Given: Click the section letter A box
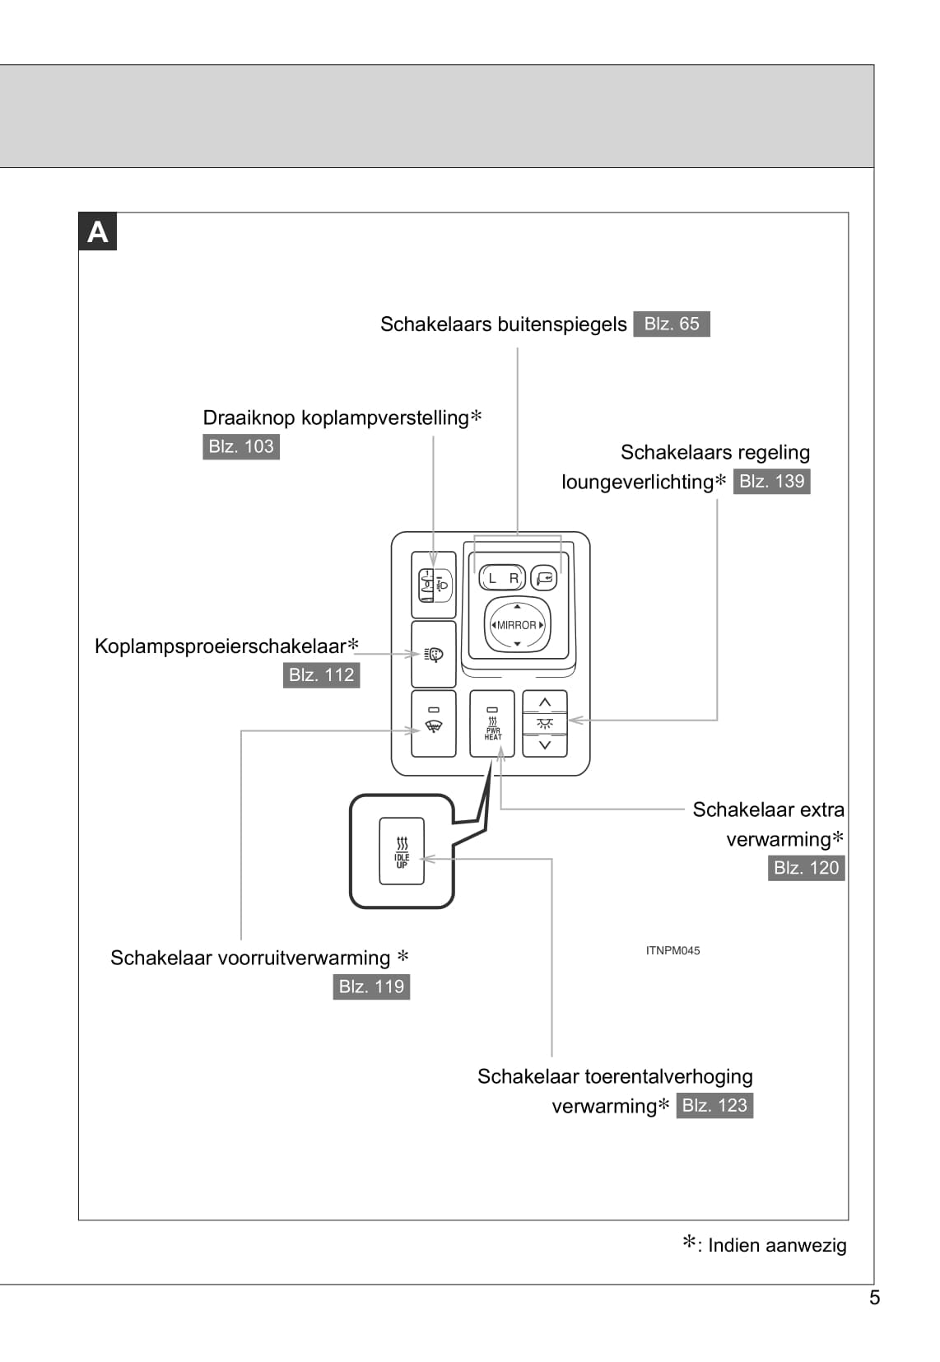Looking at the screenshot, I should tap(97, 231).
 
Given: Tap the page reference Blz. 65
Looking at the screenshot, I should tap(671, 324).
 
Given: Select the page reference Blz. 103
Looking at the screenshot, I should tap(240, 446).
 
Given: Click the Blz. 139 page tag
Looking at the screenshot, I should tap(771, 481).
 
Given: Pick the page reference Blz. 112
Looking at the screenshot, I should tap(321, 674).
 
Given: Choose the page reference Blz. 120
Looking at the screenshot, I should tap(806, 867).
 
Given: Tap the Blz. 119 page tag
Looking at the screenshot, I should tap(371, 987).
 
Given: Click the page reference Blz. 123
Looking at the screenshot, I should tap(714, 1105).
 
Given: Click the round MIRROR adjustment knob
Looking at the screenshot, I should tap(517, 625).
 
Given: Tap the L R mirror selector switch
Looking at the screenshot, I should tap(502, 578).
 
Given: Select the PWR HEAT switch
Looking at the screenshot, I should tap(492, 724).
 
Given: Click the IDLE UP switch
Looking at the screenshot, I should tap(402, 851).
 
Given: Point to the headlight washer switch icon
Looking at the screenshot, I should tap(434, 655).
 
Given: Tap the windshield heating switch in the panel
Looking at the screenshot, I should tap(434, 724).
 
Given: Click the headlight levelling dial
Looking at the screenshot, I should tap(434, 585).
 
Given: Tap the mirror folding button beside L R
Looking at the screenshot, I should tap(544, 578).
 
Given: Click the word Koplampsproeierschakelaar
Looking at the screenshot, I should tap(220, 646).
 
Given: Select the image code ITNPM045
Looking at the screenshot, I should tap(672, 950).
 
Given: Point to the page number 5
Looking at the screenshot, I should tap(874, 1298).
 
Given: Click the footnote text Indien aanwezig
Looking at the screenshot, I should tap(776, 1245).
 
